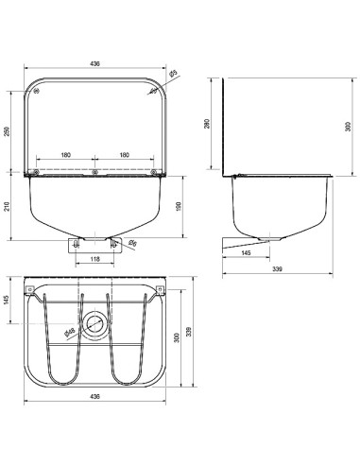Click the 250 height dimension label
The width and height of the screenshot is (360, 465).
7,131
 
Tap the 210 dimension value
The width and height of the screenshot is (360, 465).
7,206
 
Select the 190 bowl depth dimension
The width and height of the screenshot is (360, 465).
179,206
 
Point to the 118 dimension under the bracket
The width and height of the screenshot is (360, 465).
94,259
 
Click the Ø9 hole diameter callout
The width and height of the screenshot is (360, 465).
173,74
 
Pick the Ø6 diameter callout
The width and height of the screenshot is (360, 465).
133,243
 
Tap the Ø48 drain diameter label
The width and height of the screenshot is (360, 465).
69,333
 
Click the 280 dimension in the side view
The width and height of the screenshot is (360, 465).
207,124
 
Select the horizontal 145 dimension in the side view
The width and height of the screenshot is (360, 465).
246,253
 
